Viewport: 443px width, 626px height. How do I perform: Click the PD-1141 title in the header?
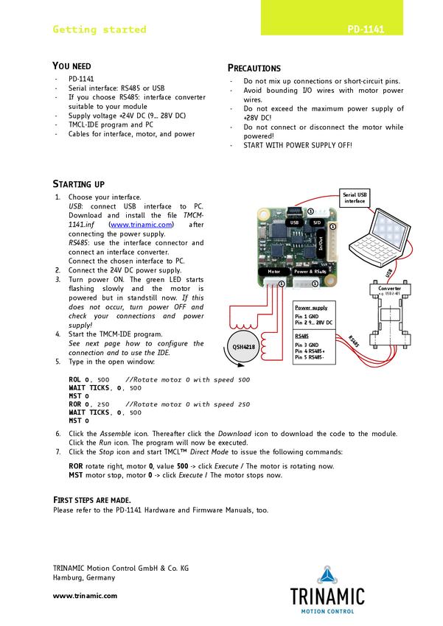366,30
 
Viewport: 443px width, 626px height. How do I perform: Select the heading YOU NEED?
72,66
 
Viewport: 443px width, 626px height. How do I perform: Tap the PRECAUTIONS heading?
254,68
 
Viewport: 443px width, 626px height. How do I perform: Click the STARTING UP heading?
79,183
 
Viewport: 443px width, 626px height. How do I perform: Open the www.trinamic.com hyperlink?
141,225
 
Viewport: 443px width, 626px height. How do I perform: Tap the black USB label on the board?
294,222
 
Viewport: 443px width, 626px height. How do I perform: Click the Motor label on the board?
273,272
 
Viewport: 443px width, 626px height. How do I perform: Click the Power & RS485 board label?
310,272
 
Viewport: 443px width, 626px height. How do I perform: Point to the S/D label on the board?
317,222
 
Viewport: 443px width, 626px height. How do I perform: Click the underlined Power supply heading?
311,308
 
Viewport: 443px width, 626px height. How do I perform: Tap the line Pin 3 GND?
307,345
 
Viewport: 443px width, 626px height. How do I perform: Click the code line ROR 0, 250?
88,404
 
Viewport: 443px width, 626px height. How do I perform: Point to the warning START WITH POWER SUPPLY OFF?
298,145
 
